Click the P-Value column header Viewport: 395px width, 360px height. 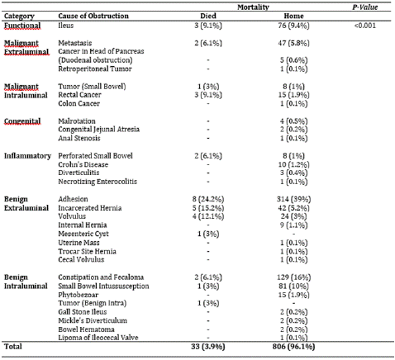365,7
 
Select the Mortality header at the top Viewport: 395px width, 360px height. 253,7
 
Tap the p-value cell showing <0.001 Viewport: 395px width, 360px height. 365,26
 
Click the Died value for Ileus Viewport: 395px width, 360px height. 208,26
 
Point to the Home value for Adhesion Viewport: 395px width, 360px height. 293,199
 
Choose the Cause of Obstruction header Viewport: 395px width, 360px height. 93,16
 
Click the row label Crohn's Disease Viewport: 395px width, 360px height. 83,164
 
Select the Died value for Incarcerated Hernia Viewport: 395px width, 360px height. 208,208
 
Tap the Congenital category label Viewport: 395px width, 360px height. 22,121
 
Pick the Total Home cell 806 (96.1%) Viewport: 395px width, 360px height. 293,347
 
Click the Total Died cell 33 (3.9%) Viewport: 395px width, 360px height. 208,347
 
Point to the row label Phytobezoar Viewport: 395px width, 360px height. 79,295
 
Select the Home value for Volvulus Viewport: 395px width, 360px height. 293,216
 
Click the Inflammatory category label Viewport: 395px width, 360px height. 27,156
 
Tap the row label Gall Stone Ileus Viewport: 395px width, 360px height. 83,312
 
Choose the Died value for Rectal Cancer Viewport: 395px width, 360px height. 208,95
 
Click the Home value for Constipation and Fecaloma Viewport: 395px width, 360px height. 293,277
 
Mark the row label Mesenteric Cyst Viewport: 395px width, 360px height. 83,234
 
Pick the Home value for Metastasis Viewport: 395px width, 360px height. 293,43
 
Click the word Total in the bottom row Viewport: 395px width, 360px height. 13,347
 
